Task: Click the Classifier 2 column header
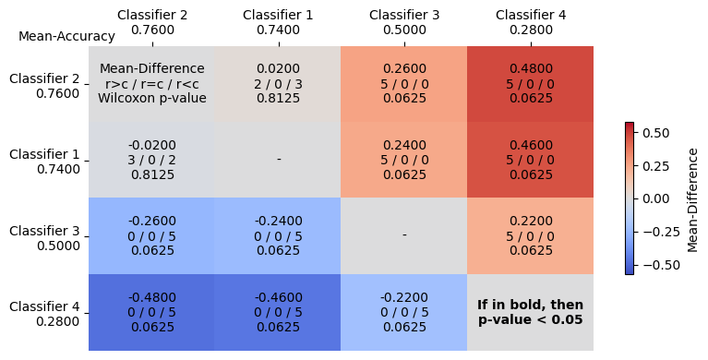(x=152, y=22)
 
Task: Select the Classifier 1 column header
(x=278, y=22)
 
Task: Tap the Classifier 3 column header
(x=404, y=22)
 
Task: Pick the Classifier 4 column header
(x=531, y=22)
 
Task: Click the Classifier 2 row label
(x=44, y=85)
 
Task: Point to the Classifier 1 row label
(x=44, y=162)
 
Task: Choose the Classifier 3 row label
(x=44, y=237)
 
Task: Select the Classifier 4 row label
(x=44, y=314)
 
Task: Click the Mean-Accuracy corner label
(x=66, y=37)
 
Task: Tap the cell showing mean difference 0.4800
(x=531, y=83)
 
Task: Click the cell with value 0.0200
(x=278, y=83)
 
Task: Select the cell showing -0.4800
(x=152, y=312)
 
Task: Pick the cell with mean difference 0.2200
(x=531, y=235)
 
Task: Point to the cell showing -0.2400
(x=278, y=235)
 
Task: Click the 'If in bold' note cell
(x=531, y=312)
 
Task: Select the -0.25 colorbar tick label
(x=654, y=232)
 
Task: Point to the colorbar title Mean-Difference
(x=693, y=198)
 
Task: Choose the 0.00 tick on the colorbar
(x=654, y=198)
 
